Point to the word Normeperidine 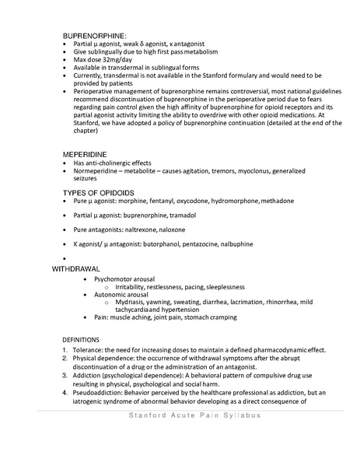pos(100,171)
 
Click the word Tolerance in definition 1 pos(88,349)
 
